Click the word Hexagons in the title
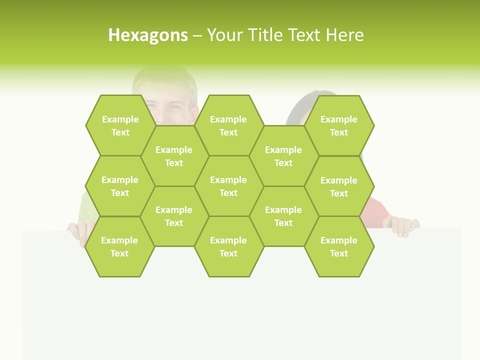click(x=148, y=35)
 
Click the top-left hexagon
click(x=120, y=125)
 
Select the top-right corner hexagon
click(x=339, y=125)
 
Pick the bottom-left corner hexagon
click(x=119, y=246)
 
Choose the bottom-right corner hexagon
click(x=339, y=246)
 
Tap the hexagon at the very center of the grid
click(x=228, y=186)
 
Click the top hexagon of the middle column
click(x=228, y=125)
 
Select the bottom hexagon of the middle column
click(x=228, y=246)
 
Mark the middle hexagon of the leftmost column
click(x=120, y=186)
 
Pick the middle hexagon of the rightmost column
click(x=339, y=186)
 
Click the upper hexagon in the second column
click(x=174, y=156)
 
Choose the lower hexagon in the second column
click(x=174, y=216)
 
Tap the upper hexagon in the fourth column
click(x=283, y=156)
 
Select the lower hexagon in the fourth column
click(x=283, y=216)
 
